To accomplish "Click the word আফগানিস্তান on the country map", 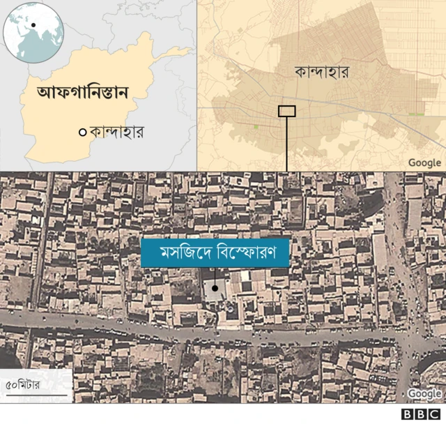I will click(x=86, y=92).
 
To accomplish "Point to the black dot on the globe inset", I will click(x=33, y=25).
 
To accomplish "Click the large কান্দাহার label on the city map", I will click(x=321, y=72).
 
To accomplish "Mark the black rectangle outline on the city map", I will click(x=286, y=110).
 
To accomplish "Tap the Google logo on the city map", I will click(x=424, y=162).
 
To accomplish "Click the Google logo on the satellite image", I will click(x=424, y=394).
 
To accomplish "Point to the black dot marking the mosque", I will click(x=215, y=287).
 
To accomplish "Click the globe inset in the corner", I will click(x=33, y=32).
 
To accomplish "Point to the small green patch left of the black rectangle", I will click(x=257, y=127).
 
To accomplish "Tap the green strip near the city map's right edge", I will click(x=416, y=114).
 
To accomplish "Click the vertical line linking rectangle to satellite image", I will click(x=286, y=143).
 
